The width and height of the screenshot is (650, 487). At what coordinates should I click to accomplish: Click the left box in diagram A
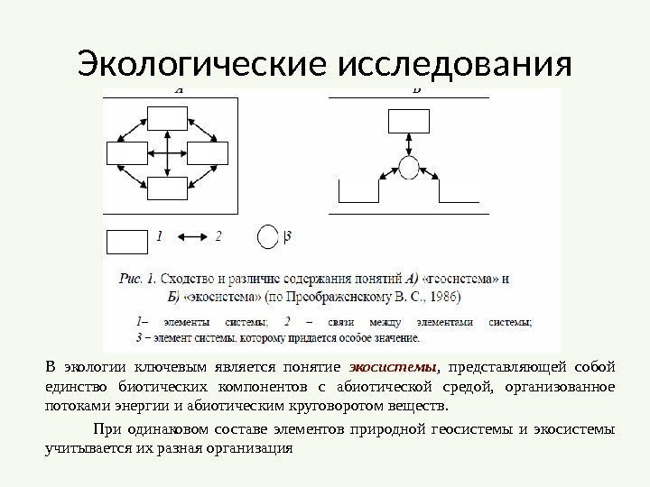[126, 153]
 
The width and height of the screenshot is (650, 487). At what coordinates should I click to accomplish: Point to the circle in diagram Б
[409, 168]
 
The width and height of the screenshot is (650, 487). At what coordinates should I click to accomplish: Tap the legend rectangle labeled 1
[125, 242]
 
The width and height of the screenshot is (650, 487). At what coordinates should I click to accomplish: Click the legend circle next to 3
[268, 237]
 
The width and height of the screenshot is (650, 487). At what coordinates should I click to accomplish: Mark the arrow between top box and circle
[409, 144]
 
